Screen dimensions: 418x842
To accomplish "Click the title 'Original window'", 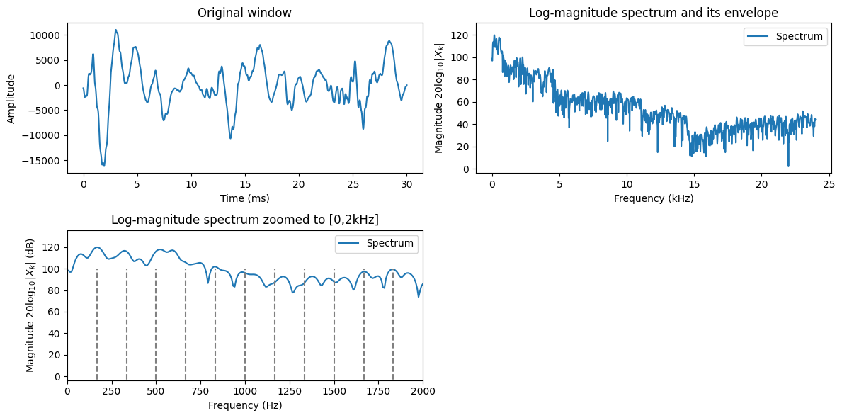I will click(x=244, y=13).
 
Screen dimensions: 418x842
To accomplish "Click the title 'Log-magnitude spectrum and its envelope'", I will click(x=653, y=13).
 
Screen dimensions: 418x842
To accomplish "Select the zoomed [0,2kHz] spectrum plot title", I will click(x=244, y=220).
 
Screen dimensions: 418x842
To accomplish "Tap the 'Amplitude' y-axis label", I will click(x=11, y=97).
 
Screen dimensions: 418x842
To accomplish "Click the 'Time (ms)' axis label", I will click(x=244, y=198).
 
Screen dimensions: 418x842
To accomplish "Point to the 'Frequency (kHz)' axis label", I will click(x=653, y=198).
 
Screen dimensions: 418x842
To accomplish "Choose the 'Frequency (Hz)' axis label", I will click(x=244, y=406).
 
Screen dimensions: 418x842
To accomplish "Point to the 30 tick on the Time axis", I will click(x=406, y=184).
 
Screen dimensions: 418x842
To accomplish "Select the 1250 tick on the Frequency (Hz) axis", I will click(x=290, y=392).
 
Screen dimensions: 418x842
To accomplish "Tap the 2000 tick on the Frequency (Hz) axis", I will click(x=423, y=392).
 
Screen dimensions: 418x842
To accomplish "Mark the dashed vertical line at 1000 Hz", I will click(x=245, y=326).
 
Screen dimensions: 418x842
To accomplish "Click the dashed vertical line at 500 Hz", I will click(x=156, y=326).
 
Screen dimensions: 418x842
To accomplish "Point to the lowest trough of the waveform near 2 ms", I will click(x=103, y=165).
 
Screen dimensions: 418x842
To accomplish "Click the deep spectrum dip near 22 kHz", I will click(x=788, y=166).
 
